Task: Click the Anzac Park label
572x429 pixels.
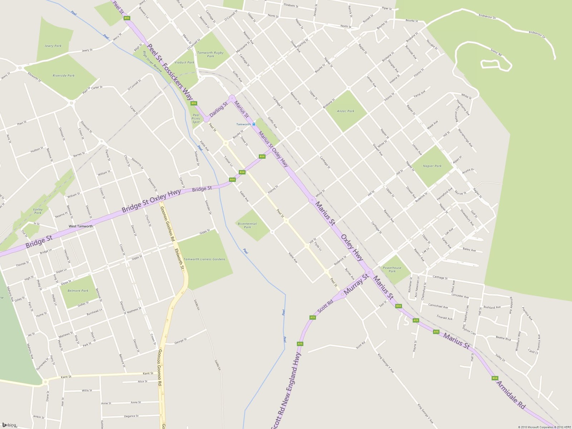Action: point(346,111)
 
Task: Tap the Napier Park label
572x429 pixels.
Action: point(432,166)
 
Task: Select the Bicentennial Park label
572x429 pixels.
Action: point(247,225)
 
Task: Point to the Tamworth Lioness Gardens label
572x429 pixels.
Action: point(204,259)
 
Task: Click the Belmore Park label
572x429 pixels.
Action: point(78,291)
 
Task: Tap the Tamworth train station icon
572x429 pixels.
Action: point(254,124)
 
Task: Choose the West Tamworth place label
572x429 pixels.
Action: point(81,226)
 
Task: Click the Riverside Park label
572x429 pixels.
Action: point(64,76)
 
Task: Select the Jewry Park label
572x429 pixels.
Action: point(53,46)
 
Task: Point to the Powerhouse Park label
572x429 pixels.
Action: point(392,269)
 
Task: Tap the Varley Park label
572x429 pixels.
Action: point(38,211)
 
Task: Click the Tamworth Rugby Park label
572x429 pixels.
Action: point(210,54)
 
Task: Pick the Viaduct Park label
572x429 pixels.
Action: point(184,63)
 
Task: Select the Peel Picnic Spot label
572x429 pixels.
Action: point(196,119)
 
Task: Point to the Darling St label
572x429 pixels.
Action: point(218,110)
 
